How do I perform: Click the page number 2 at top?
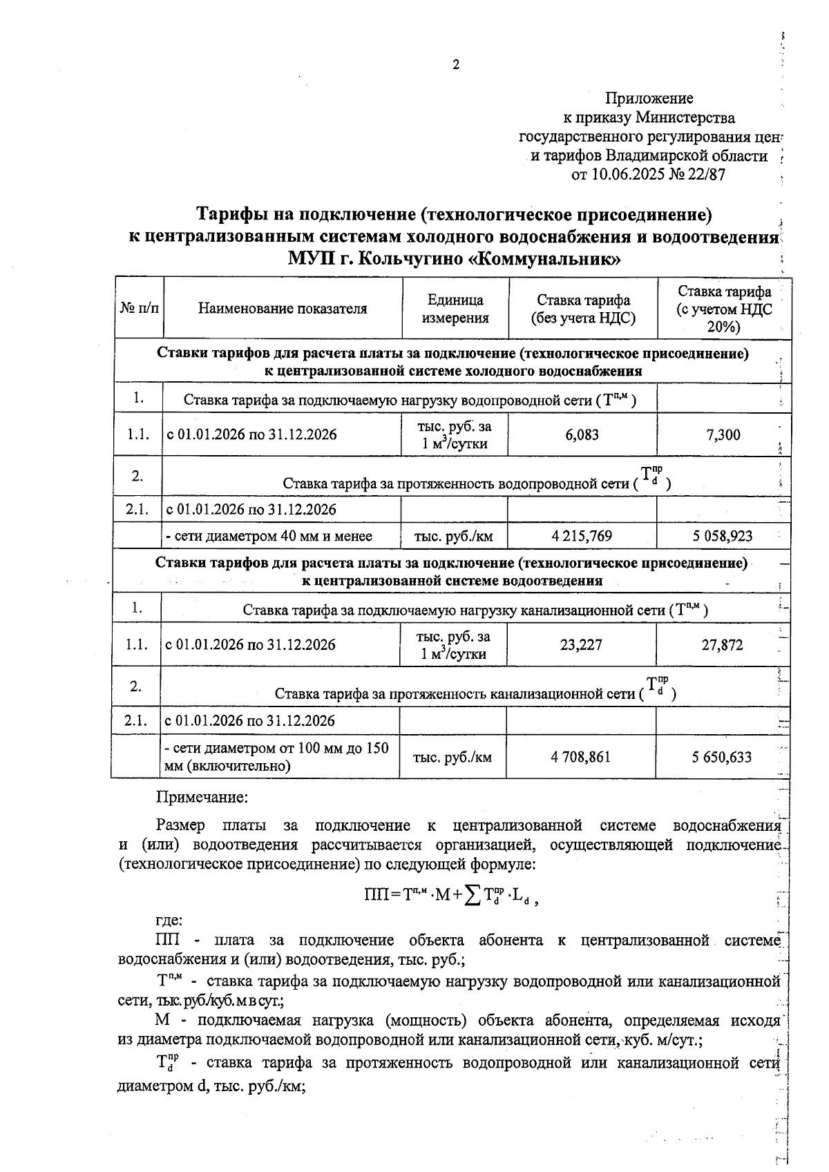point(455,66)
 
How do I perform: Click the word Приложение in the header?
point(649,98)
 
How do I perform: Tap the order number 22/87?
point(705,175)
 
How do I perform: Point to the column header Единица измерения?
point(455,309)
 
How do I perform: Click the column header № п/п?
point(139,309)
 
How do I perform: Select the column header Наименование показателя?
point(283,309)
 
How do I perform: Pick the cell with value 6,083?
point(582,435)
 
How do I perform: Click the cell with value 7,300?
point(723,435)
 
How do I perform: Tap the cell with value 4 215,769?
point(582,536)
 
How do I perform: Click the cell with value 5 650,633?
point(722,758)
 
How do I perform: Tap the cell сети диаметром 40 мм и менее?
point(269,536)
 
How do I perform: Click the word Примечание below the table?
point(202,798)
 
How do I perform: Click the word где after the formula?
point(169,921)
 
